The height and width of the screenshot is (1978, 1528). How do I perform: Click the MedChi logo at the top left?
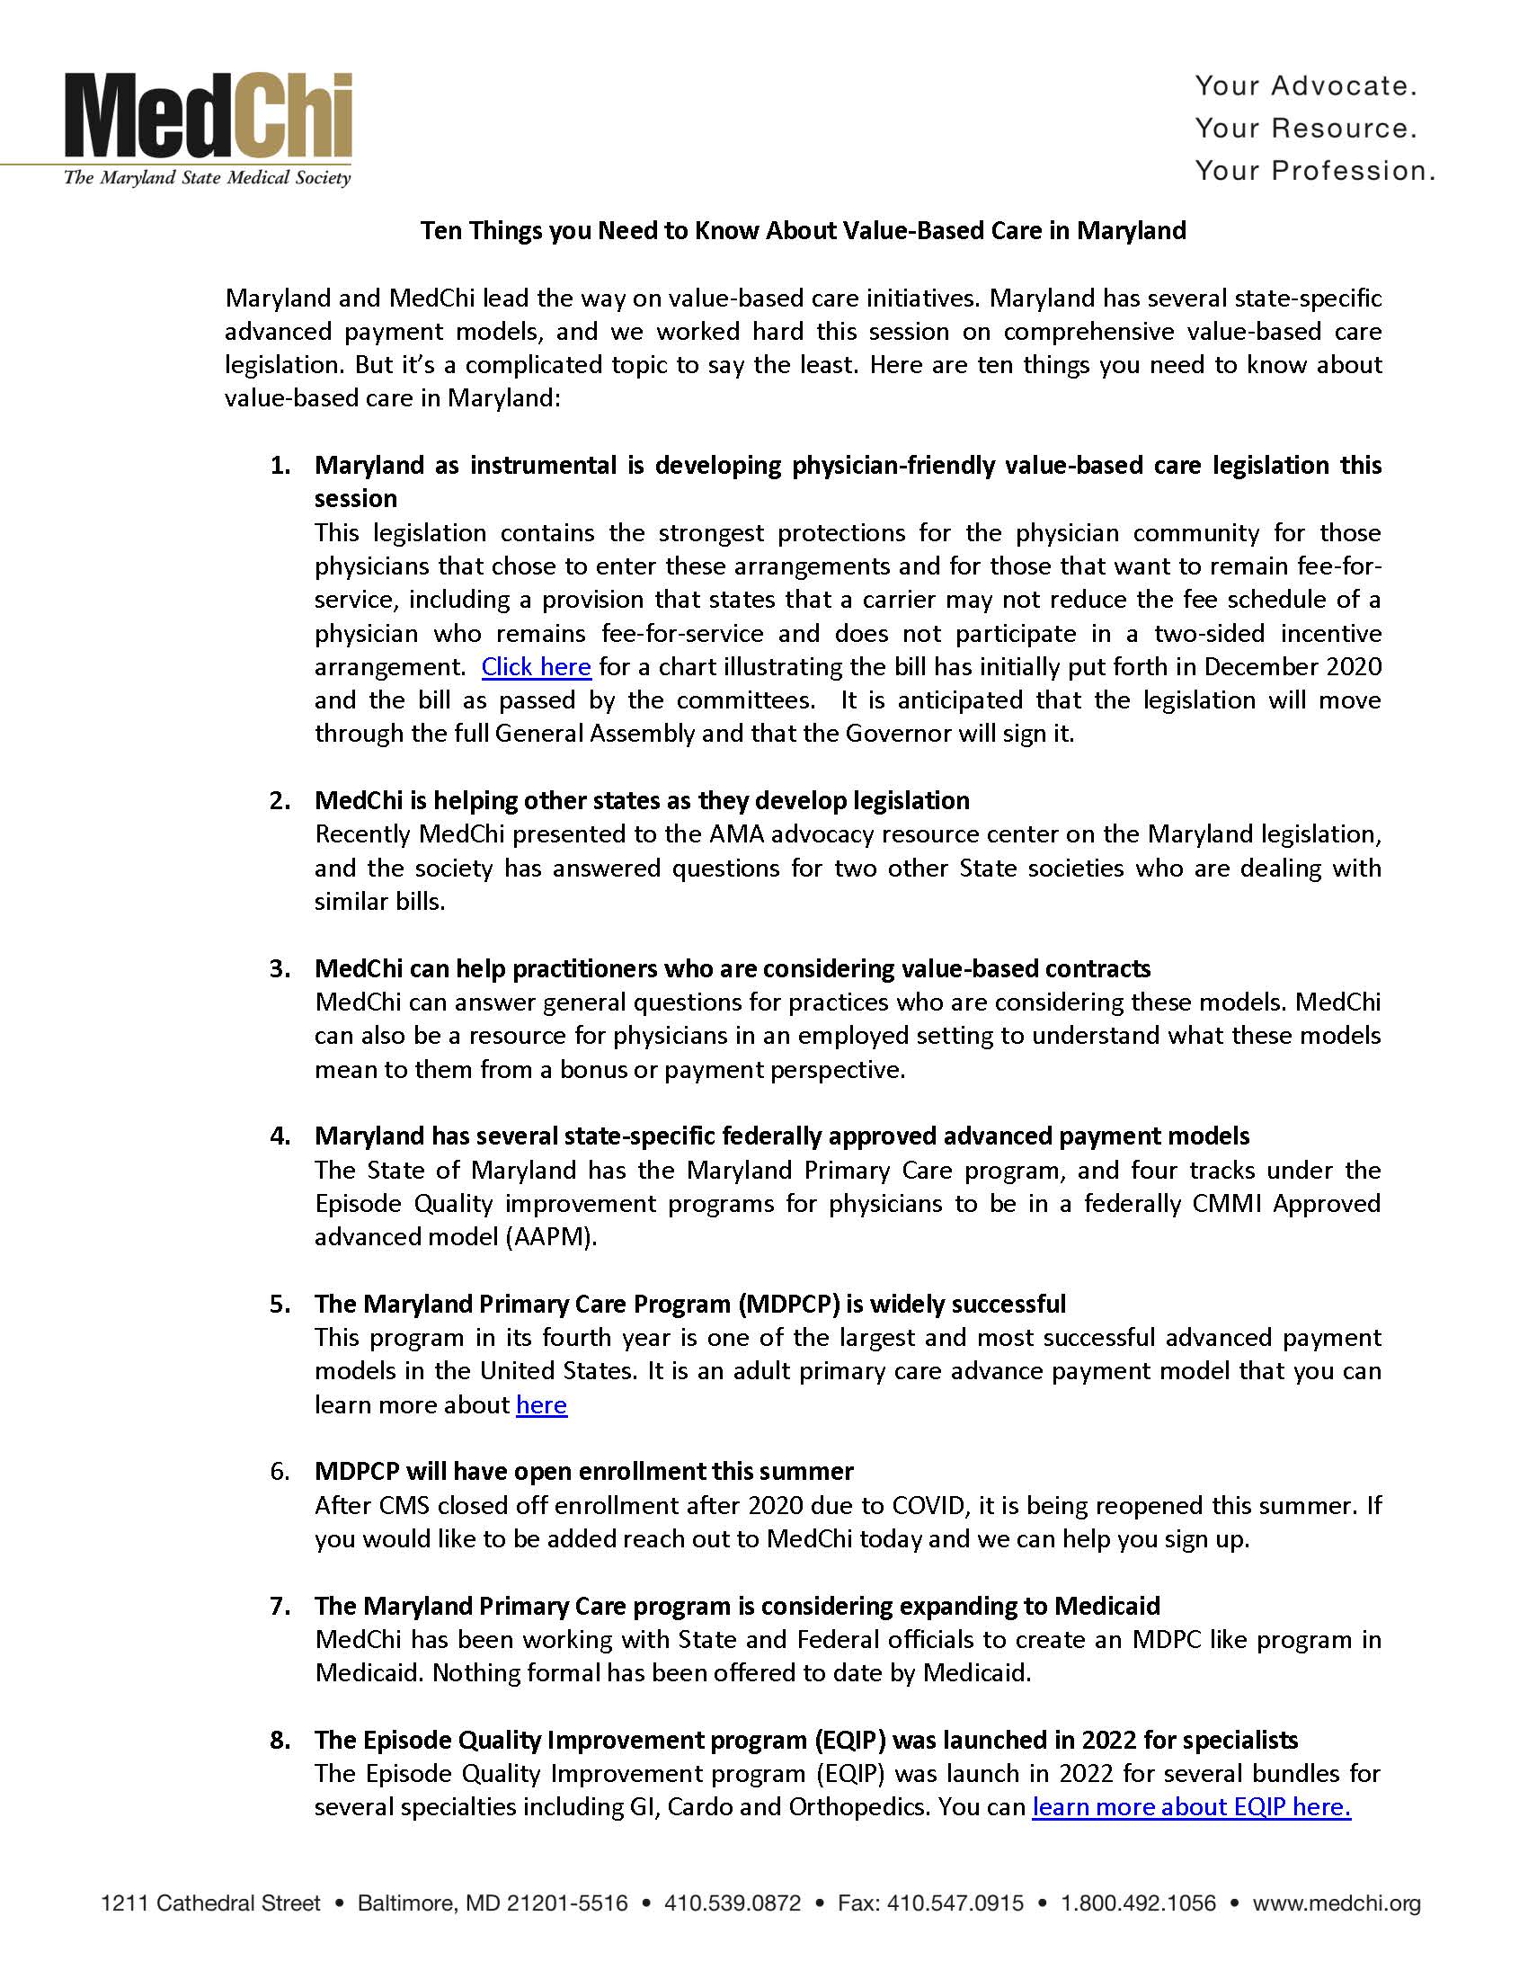[x=208, y=128]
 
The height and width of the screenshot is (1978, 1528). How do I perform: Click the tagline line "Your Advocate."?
[x=1305, y=86]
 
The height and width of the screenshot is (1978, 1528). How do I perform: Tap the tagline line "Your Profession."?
[x=1314, y=170]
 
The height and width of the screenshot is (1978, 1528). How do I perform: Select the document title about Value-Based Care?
[x=803, y=231]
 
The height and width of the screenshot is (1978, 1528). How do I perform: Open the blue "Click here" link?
[x=536, y=667]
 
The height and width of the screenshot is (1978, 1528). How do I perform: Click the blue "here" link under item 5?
[x=541, y=1404]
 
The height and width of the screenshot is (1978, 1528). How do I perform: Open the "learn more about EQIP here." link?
[x=1191, y=1807]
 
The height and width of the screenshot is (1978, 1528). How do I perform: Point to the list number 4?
[x=280, y=1136]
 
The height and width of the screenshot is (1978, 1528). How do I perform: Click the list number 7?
[x=280, y=1606]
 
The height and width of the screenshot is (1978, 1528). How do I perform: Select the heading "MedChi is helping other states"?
[x=642, y=800]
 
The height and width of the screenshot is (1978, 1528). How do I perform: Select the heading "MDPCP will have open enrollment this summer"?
[x=584, y=1471]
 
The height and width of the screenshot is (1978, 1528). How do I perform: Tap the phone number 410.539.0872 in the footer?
[x=733, y=1903]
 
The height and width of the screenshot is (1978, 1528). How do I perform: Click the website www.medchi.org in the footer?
[x=1336, y=1903]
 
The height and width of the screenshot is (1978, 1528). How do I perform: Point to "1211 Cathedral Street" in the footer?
[x=210, y=1903]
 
